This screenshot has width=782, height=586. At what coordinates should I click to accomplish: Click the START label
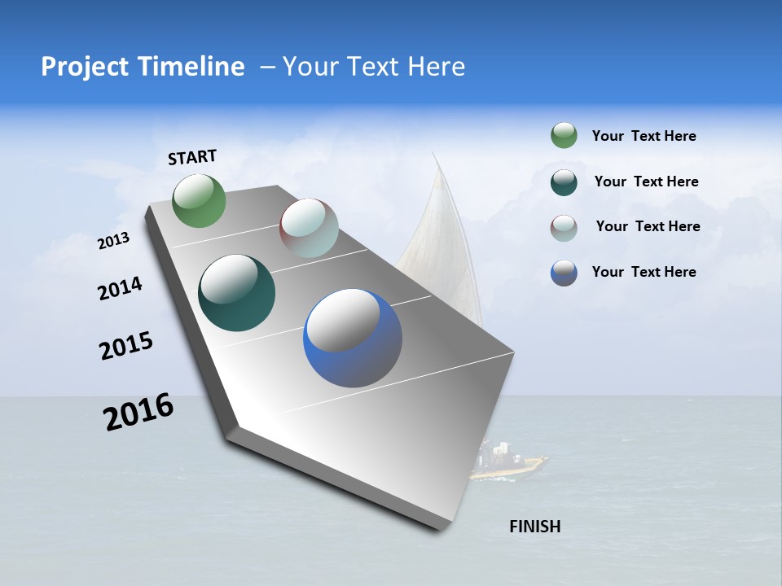(192, 157)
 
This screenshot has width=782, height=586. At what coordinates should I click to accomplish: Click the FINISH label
(534, 527)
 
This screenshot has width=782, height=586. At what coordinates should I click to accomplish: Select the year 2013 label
(113, 241)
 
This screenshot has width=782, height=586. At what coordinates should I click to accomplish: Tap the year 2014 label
(120, 288)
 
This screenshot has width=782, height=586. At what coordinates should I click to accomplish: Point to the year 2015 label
(126, 345)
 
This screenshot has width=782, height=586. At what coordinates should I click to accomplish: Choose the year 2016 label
(138, 411)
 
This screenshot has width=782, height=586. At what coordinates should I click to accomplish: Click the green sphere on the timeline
(200, 200)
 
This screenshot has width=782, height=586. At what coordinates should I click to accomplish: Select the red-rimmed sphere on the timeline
(309, 227)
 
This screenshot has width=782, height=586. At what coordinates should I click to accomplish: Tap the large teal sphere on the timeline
(236, 293)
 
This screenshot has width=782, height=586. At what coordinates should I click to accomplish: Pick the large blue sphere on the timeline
(353, 338)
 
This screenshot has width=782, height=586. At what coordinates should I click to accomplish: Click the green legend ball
(564, 136)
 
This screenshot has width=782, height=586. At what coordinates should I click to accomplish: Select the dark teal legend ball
(564, 182)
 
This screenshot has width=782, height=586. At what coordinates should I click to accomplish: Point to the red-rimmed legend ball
(564, 228)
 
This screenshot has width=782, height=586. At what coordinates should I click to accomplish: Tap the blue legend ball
(564, 273)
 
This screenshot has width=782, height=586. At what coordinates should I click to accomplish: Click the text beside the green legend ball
(644, 137)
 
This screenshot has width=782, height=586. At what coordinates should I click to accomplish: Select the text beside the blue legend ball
(644, 272)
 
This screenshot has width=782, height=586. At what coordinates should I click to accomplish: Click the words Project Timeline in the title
(143, 67)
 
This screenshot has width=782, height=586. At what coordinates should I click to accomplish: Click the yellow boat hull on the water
(509, 467)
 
